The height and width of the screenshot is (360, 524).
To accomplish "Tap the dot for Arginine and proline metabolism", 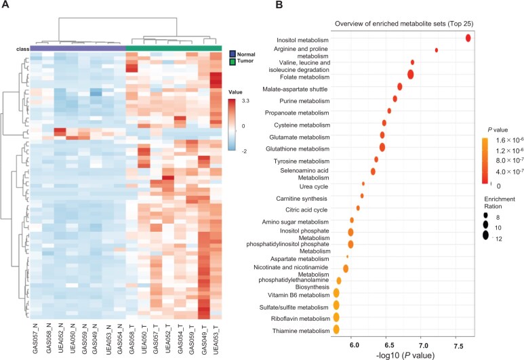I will tap(437, 50).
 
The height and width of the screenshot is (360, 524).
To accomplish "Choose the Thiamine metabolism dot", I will tap(336, 329).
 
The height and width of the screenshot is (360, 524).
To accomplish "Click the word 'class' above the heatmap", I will tap(24, 47).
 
